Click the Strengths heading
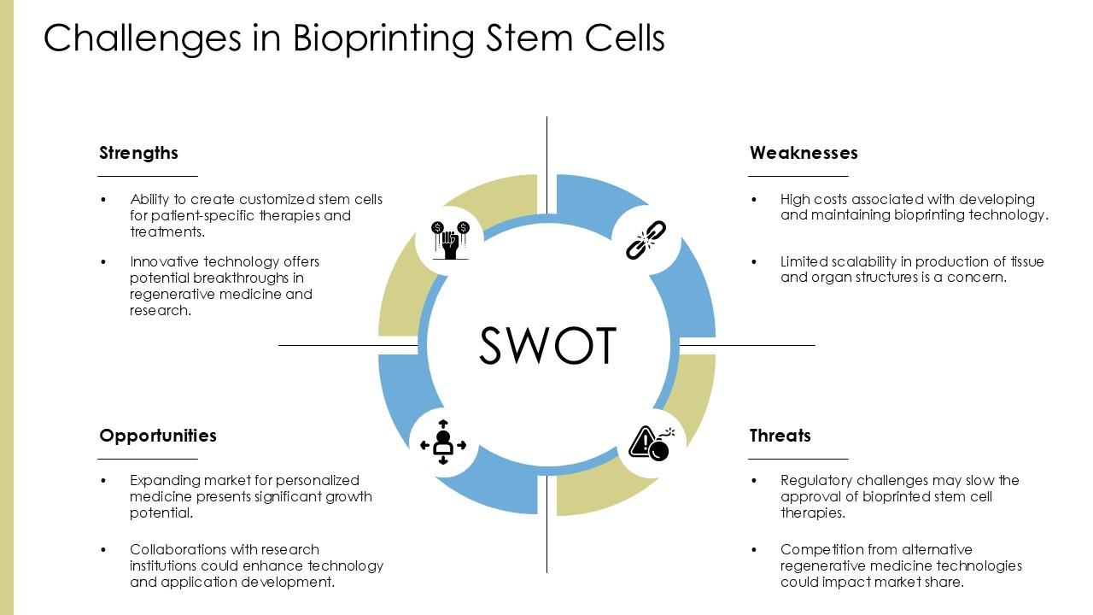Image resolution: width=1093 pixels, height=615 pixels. pyautogui.click(x=138, y=153)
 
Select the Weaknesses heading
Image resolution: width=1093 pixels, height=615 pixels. pyautogui.click(x=804, y=153)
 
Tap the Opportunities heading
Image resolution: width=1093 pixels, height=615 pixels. pyautogui.click(x=158, y=436)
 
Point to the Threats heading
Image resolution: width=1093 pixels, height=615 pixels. pyautogui.click(x=780, y=436)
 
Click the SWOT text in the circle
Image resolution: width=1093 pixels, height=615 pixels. pyautogui.click(x=547, y=346)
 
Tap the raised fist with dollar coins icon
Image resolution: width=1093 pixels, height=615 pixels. pyautogui.click(x=450, y=240)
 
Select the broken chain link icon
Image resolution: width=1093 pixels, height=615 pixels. pyautogui.click(x=646, y=240)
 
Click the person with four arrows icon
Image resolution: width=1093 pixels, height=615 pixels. pyautogui.click(x=443, y=442)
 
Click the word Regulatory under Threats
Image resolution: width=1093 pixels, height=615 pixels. pyautogui.click(x=814, y=480)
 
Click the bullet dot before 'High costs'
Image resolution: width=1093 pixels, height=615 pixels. pyautogui.click(x=754, y=199)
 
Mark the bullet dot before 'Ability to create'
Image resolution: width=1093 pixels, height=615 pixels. pyautogui.click(x=104, y=199)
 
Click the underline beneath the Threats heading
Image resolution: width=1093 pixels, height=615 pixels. pyautogui.click(x=798, y=459)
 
